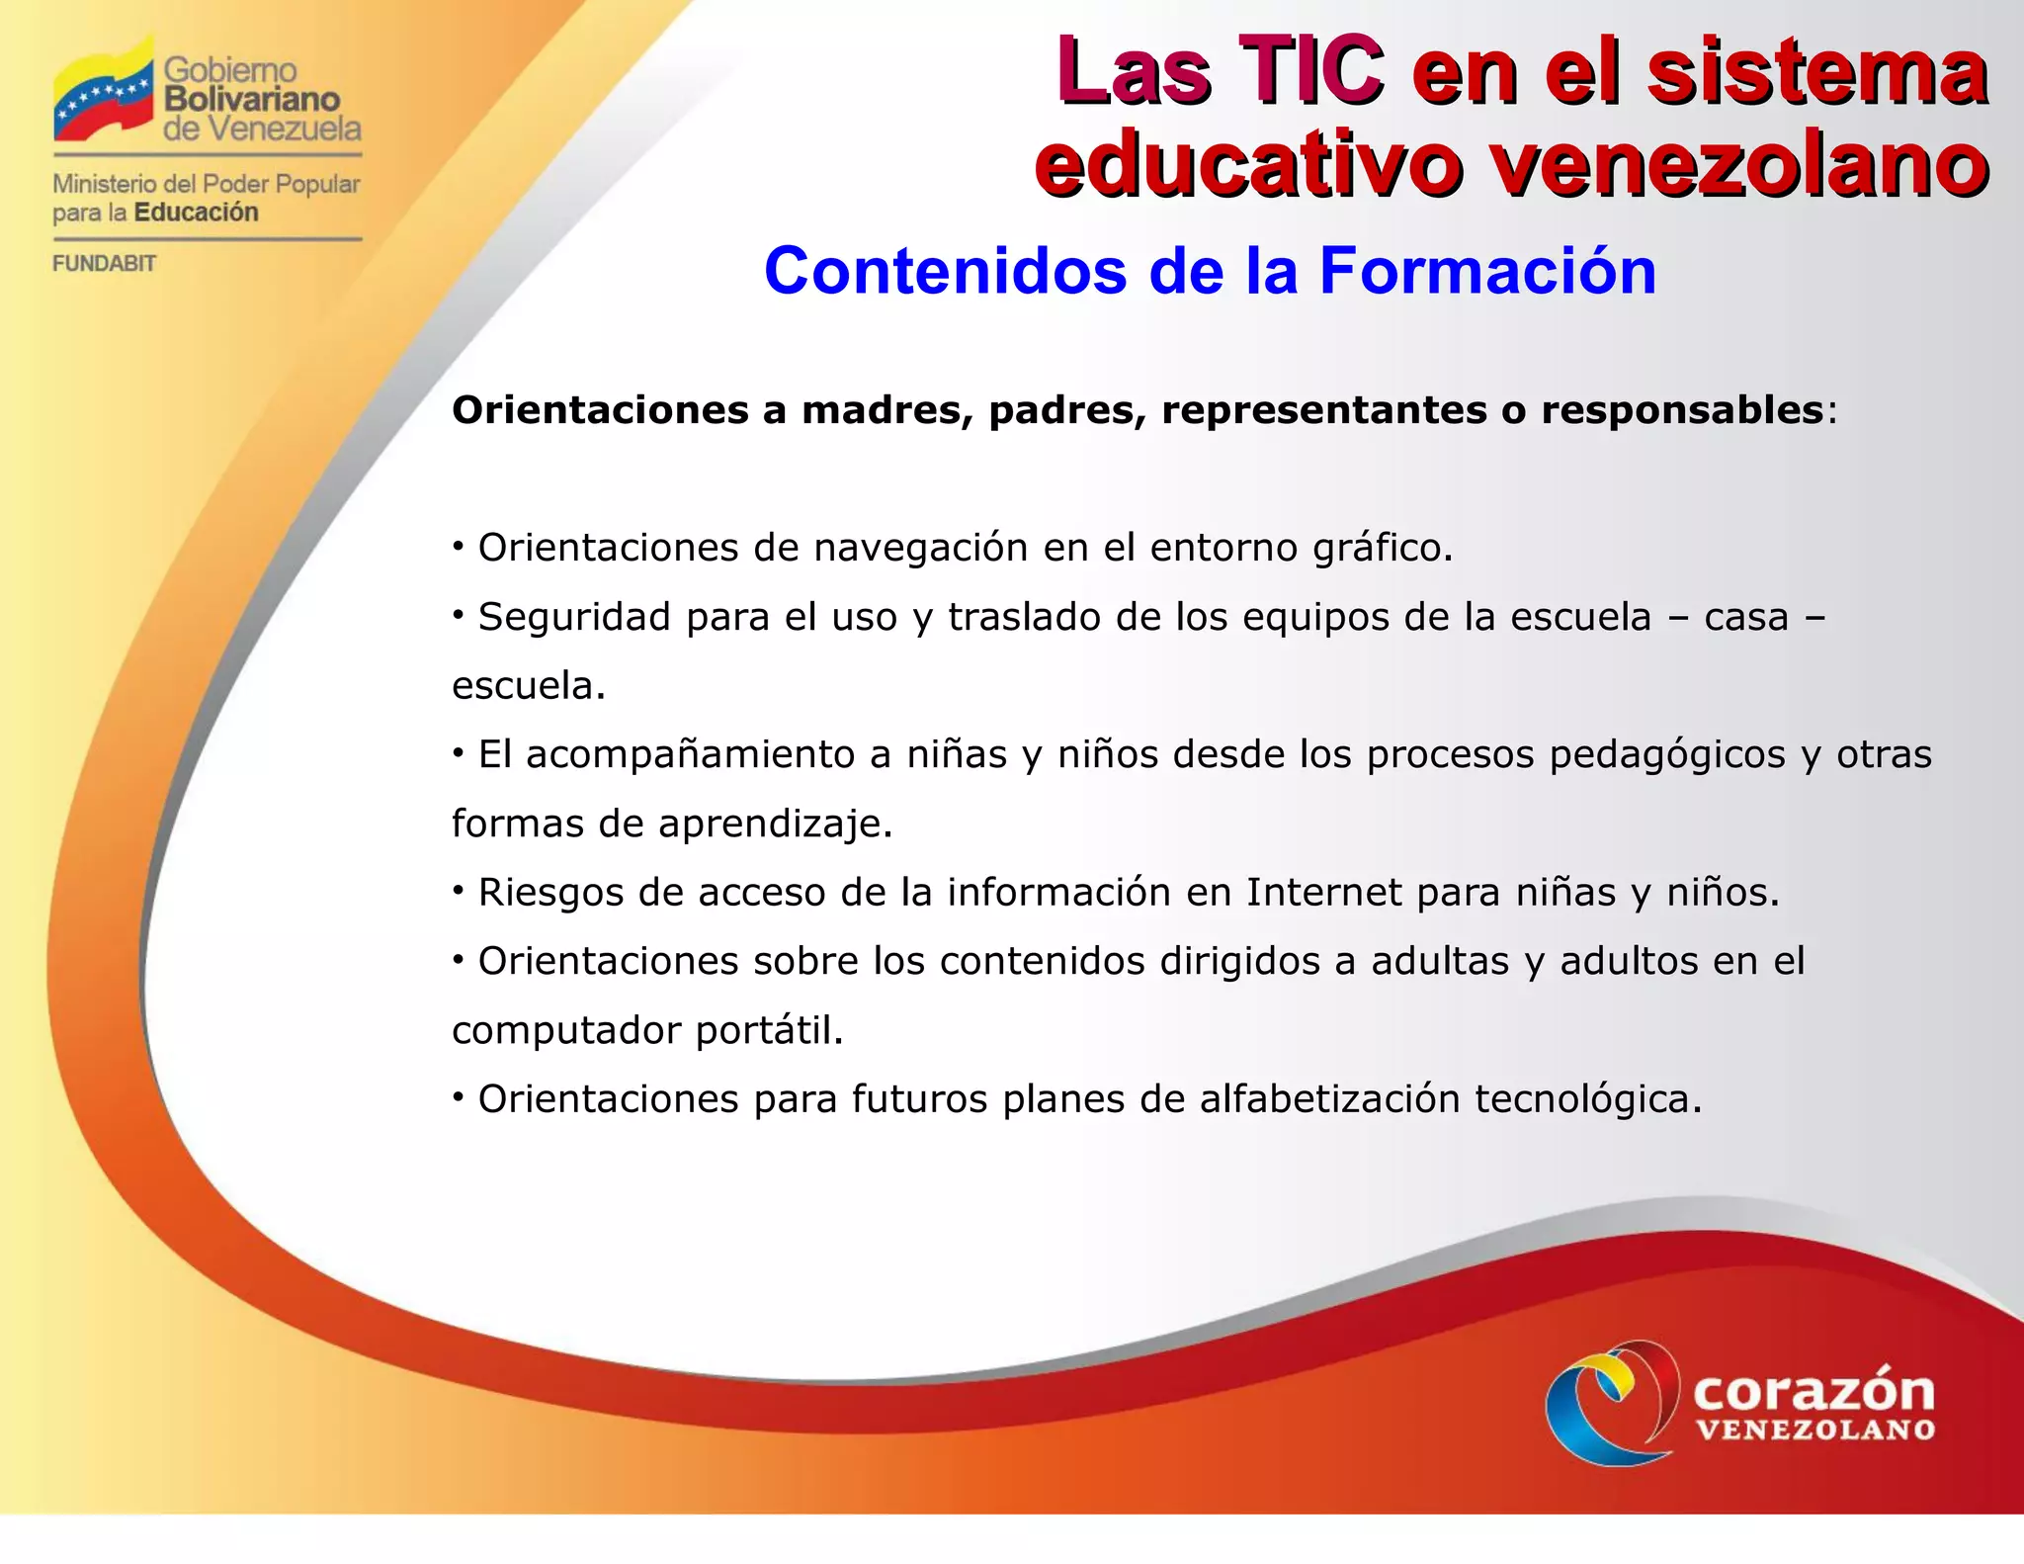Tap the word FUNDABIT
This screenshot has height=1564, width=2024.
point(104,264)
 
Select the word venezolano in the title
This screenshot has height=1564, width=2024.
point(1739,163)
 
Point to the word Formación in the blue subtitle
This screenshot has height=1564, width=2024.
point(1487,271)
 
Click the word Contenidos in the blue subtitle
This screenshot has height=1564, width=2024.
point(945,271)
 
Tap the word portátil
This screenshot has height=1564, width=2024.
point(769,1031)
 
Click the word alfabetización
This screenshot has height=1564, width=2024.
point(1329,1099)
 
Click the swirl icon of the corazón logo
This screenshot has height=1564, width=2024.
point(1612,1402)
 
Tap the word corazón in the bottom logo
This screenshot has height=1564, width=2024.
point(1813,1391)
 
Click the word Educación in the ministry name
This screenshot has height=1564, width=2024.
point(196,213)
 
